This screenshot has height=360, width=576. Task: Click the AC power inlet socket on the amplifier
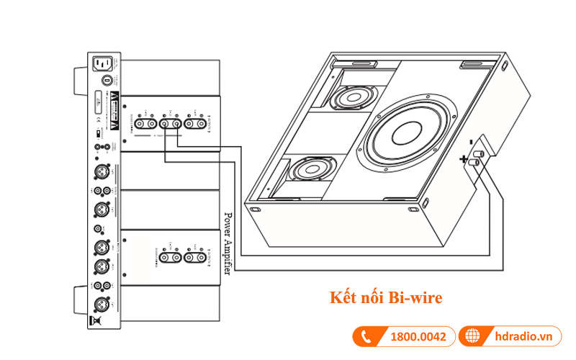pyautogui.click(x=102, y=66)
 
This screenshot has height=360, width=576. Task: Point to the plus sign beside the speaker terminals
pyautogui.click(x=465, y=158)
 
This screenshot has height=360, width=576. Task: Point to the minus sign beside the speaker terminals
pyautogui.click(x=469, y=140)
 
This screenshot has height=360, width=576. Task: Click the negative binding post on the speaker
pyautogui.click(x=481, y=153)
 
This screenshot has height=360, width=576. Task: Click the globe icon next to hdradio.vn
pyautogui.click(x=472, y=337)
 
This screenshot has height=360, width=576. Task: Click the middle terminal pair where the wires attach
pyautogui.click(x=170, y=124)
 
